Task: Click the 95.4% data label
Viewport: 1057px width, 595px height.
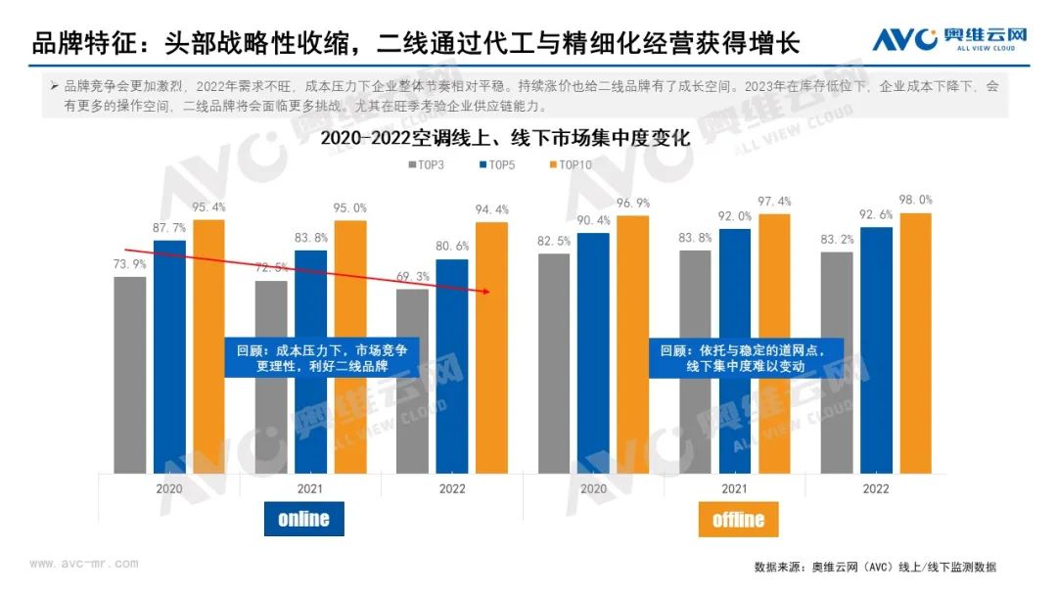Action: click(x=208, y=207)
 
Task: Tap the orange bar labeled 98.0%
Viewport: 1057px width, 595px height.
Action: click(x=915, y=343)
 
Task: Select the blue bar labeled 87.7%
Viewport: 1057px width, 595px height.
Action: click(x=169, y=356)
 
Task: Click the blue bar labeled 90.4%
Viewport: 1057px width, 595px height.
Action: click(x=593, y=352)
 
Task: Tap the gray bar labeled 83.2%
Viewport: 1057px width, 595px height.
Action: click(x=838, y=362)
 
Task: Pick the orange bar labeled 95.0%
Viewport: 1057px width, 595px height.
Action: click(x=350, y=346)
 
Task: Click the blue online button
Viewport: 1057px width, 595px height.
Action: click(x=303, y=518)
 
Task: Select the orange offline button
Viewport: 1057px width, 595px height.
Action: click(x=738, y=519)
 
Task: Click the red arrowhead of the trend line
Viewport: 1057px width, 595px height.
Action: click(x=485, y=291)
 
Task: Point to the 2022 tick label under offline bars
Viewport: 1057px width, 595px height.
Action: click(x=877, y=487)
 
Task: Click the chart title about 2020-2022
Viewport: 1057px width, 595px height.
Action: click(x=505, y=139)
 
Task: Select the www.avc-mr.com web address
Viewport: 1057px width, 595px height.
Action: click(x=83, y=564)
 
